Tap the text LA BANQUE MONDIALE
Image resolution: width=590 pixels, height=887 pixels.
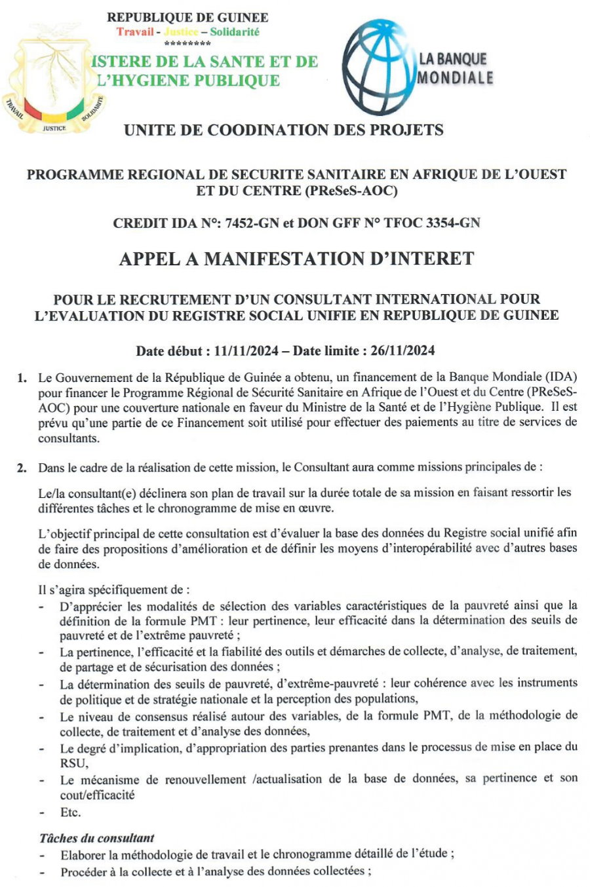pos(455,68)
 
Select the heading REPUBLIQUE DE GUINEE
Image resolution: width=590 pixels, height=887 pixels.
pos(187,18)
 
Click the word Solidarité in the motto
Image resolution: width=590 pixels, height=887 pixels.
pos(235,31)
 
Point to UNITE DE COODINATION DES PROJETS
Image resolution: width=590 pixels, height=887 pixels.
pos(283,130)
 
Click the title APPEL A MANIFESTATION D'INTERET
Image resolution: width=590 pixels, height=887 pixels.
pos(296,259)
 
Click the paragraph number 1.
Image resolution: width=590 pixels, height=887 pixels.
pos(22,378)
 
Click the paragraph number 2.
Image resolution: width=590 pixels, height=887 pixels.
pos(22,468)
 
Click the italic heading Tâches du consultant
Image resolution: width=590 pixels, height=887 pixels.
pos(97,838)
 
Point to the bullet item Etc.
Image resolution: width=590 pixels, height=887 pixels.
pos(70,812)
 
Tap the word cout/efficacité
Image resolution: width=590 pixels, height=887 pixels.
pos(98,795)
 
